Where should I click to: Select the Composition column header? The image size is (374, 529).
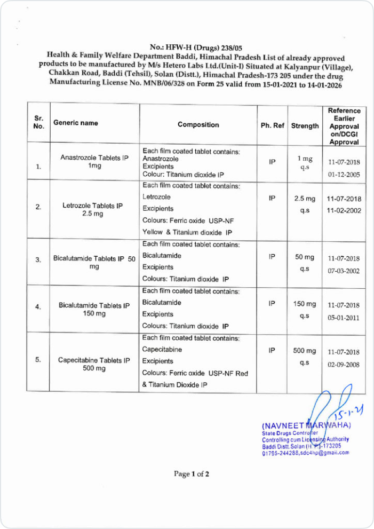pyautogui.click(x=198, y=125)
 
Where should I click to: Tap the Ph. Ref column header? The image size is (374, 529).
pyautogui.click(x=272, y=126)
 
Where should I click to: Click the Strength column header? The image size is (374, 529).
pyautogui.click(x=305, y=126)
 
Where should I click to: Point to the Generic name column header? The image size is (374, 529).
pyautogui.click(x=76, y=123)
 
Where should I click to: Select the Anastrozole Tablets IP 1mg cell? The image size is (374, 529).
pyautogui.click(x=94, y=162)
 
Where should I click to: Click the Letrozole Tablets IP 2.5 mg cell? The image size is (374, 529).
pyautogui.click(x=93, y=209)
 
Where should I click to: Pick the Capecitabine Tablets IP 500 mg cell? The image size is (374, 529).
pyautogui.click(x=94, y=364)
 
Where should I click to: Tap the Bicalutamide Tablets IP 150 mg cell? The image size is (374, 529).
pyautogui.click(x=94, y=310)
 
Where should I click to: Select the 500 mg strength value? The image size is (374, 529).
pyautogui.click(x=305, y=351)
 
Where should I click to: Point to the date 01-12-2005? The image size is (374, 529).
pyautogui.click(x=344, y=174)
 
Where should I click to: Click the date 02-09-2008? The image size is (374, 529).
pyautogui.click(x=344, y=365)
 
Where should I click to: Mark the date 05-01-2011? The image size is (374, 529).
pyautogui.click(x=344, y=318)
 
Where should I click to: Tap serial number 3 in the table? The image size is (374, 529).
pyautogui.click(x=38, y=260)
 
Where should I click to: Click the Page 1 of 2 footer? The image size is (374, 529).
pyautogui.click(x=191, y=473)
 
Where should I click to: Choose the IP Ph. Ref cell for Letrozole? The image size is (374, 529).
pyautogui.click(x=272, y=198)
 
